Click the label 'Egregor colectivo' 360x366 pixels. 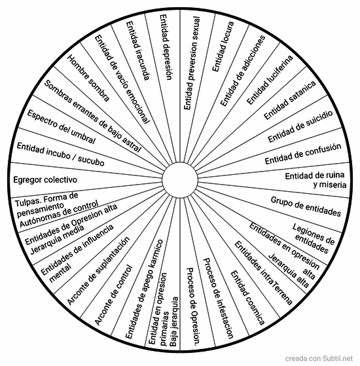[45, 180]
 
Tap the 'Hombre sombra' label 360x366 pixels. [88, 78]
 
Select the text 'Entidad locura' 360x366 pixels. [223, 46]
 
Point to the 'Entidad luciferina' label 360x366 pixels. [270, 80]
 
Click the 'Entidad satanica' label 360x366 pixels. [290, 100]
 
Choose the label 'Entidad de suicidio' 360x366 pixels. [300, 126]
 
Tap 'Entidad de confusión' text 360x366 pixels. [303, 154]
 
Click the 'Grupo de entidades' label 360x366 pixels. [306, 206]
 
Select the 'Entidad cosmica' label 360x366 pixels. [247, 298]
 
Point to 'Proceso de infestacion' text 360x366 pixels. [218, 299]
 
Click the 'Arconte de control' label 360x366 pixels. [114, 295]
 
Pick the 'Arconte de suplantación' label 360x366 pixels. [98, 271]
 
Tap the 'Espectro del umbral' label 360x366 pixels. [62, 127]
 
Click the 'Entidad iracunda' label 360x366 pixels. [137, 51]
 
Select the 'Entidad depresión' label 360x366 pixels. [166, 47]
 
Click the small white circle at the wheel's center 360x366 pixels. [180, 180]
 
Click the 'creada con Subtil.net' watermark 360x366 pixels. [319, 358]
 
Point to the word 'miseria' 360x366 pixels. [330, 185]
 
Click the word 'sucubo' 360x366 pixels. [91, 160]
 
